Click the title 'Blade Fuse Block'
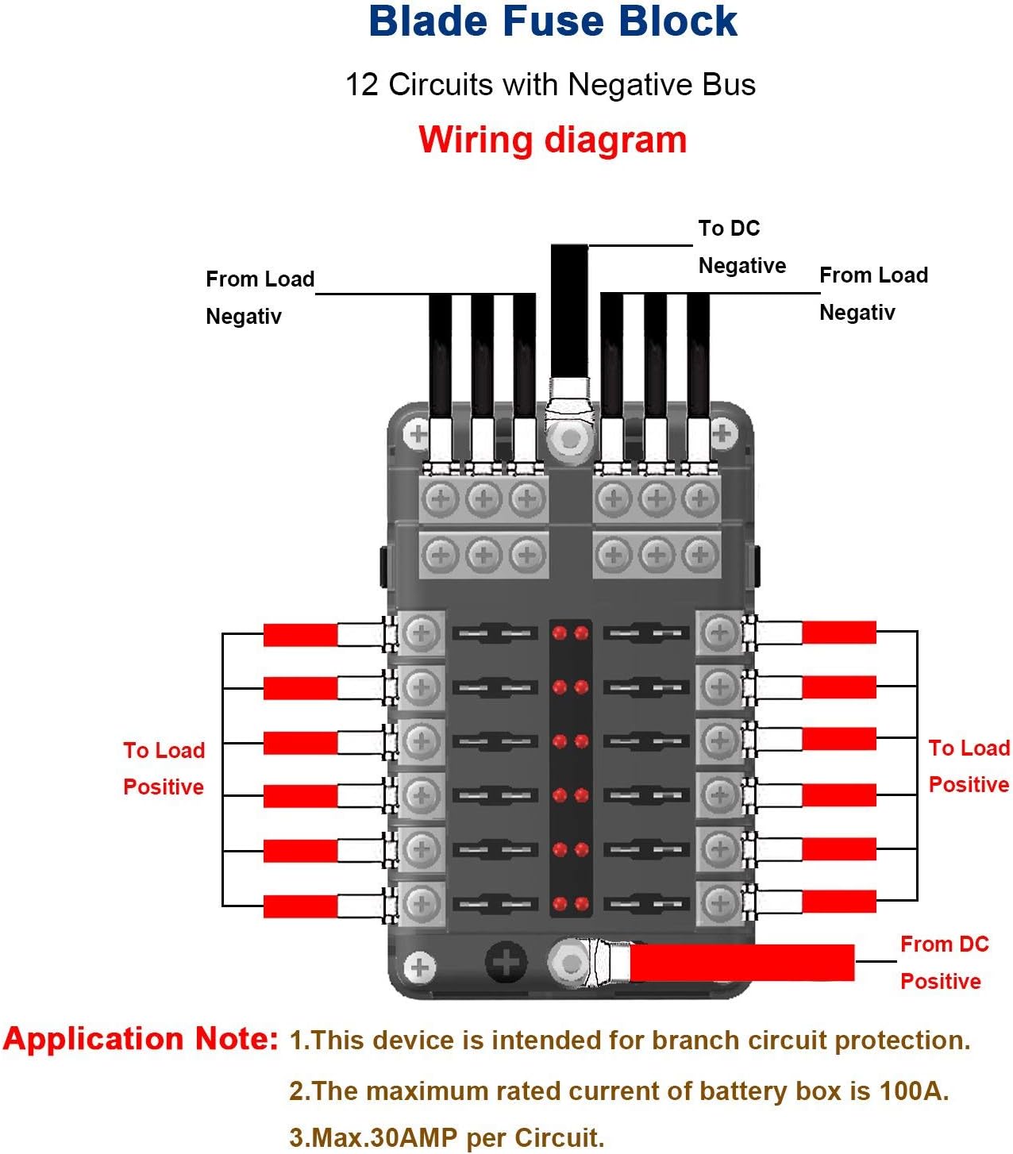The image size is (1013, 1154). (553, 22)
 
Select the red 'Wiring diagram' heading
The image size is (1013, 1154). (553, 140)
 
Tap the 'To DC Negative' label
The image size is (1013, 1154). (741, 247)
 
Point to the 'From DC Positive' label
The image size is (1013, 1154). (943, 963)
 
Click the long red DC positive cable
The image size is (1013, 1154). (741, 963)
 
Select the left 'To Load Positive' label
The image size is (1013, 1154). (164, 768)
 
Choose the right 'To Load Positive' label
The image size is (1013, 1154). (969, 766)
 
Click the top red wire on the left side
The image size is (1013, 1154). (300, 635)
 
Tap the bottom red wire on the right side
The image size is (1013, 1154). (839, 901)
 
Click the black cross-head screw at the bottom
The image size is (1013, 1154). (505, 963)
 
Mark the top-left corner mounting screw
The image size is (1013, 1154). (418, 434)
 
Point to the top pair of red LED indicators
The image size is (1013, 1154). (570, 633)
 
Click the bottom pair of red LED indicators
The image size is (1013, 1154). (570, 903)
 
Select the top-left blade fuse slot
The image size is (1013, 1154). (494, 633)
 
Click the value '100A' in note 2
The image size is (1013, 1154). (914, 1091)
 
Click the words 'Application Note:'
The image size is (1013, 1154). (141, 1039)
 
